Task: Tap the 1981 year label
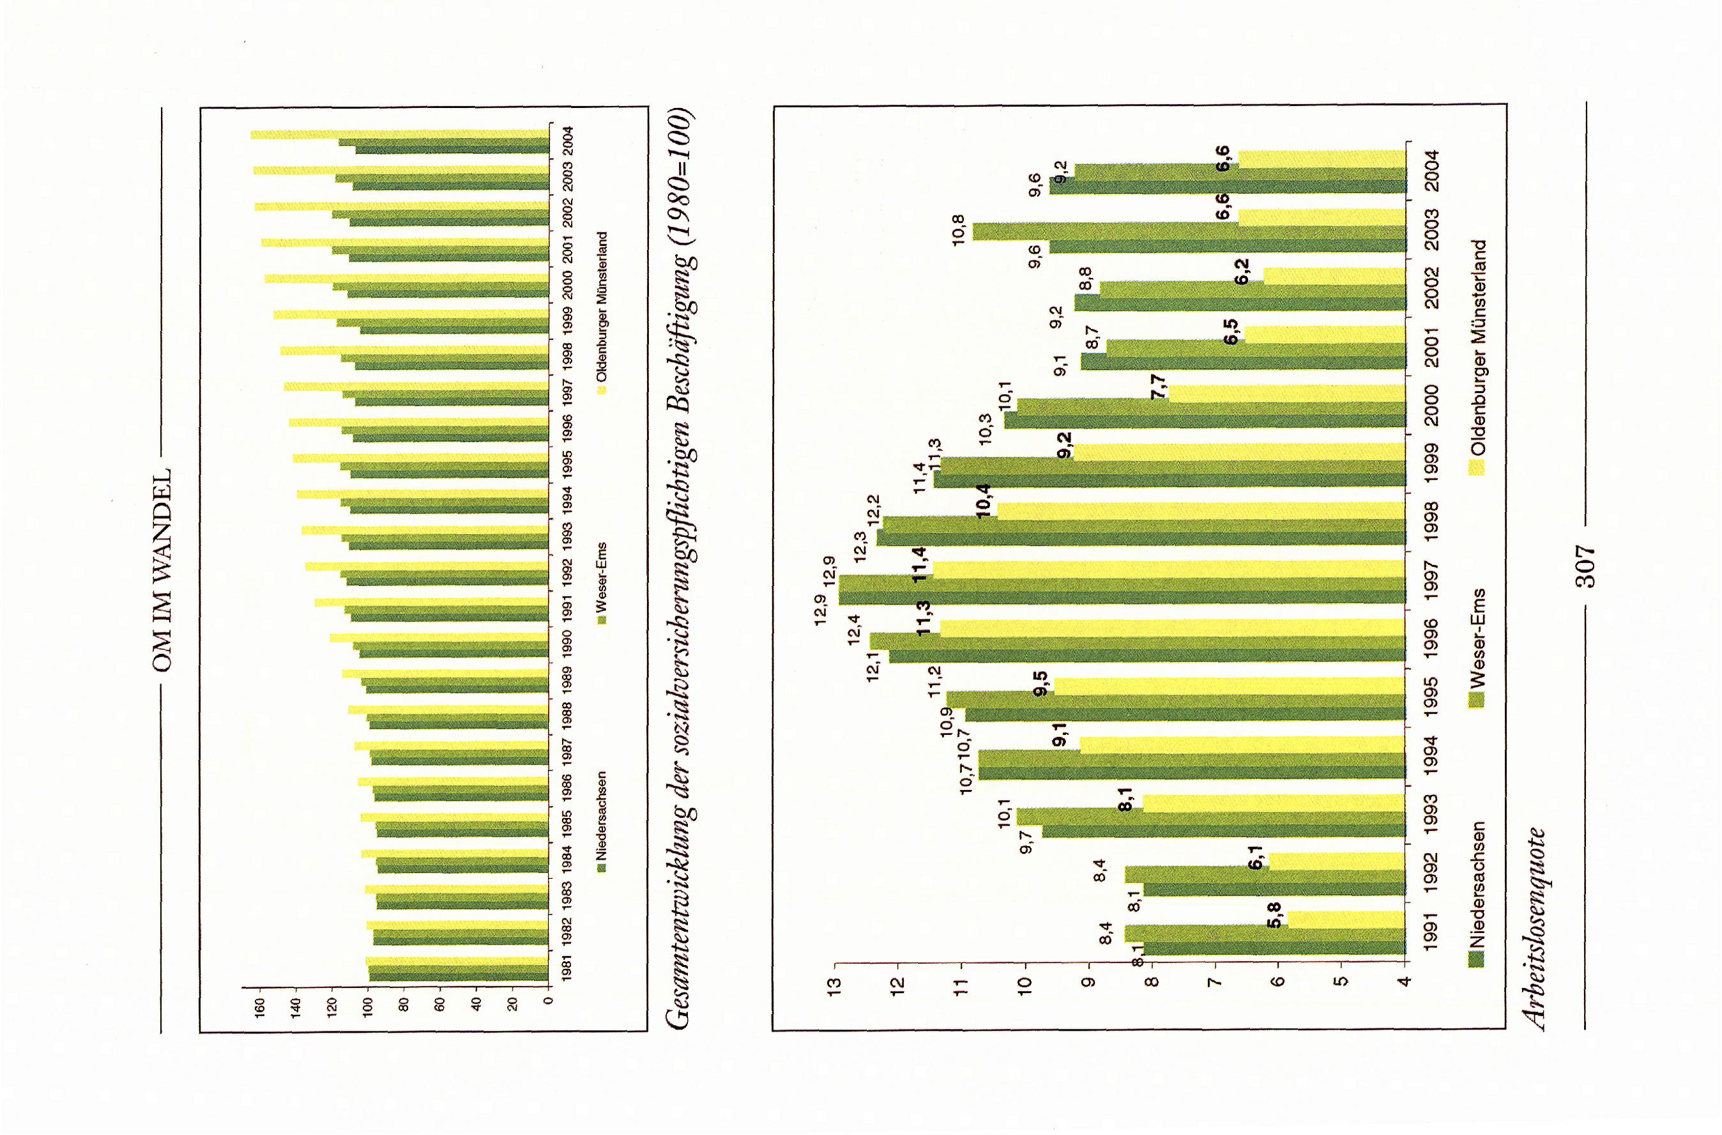(x=568, y=968)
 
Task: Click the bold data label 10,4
(x=984, y=500)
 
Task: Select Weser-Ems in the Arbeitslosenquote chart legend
(x=1477, y=635)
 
